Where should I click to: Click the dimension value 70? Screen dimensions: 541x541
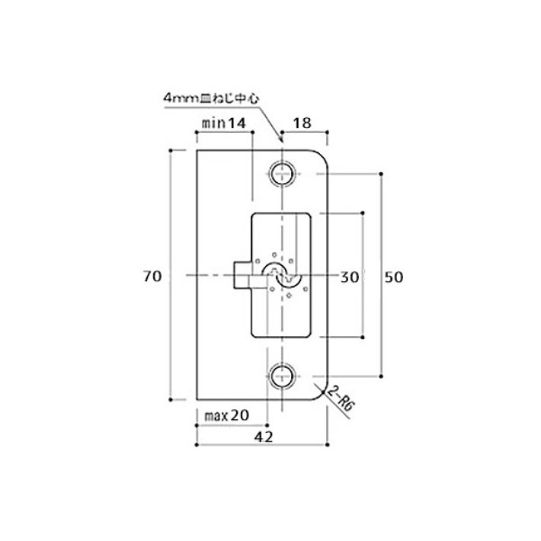pos(152,277)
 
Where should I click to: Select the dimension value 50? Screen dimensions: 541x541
pos(394,277)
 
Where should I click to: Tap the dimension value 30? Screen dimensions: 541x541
pos(350,277)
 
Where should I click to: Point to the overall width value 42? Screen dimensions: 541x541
pos(264,437)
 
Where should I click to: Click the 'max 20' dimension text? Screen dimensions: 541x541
pos(226,415)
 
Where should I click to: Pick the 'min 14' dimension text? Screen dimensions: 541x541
pos(224,123)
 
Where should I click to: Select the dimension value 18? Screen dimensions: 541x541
pos(303,123)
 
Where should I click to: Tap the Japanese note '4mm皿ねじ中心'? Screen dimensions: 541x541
pos(211,99)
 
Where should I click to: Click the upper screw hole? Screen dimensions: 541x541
pos(282,174)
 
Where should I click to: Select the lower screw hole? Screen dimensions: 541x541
pos(282,376)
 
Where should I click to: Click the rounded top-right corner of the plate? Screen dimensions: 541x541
pos(322,156)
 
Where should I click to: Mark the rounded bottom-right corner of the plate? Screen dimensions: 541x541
pos(322,394)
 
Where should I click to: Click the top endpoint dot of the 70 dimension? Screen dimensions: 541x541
pos(171,150)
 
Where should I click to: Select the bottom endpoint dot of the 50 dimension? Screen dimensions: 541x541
pos(381,376)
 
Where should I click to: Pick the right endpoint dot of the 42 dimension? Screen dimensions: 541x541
pos(328,445)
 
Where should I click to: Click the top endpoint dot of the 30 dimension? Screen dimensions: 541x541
pos(362,213)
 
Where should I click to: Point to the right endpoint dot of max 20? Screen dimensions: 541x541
pos(267,426)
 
